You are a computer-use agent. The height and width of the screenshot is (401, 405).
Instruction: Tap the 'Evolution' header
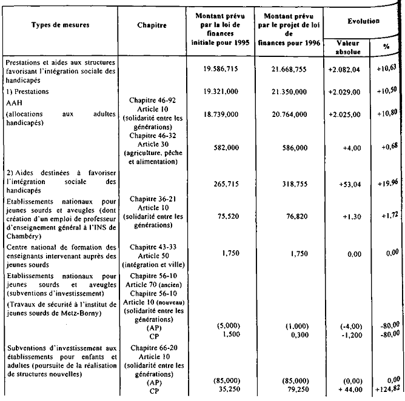click(364, 21)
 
